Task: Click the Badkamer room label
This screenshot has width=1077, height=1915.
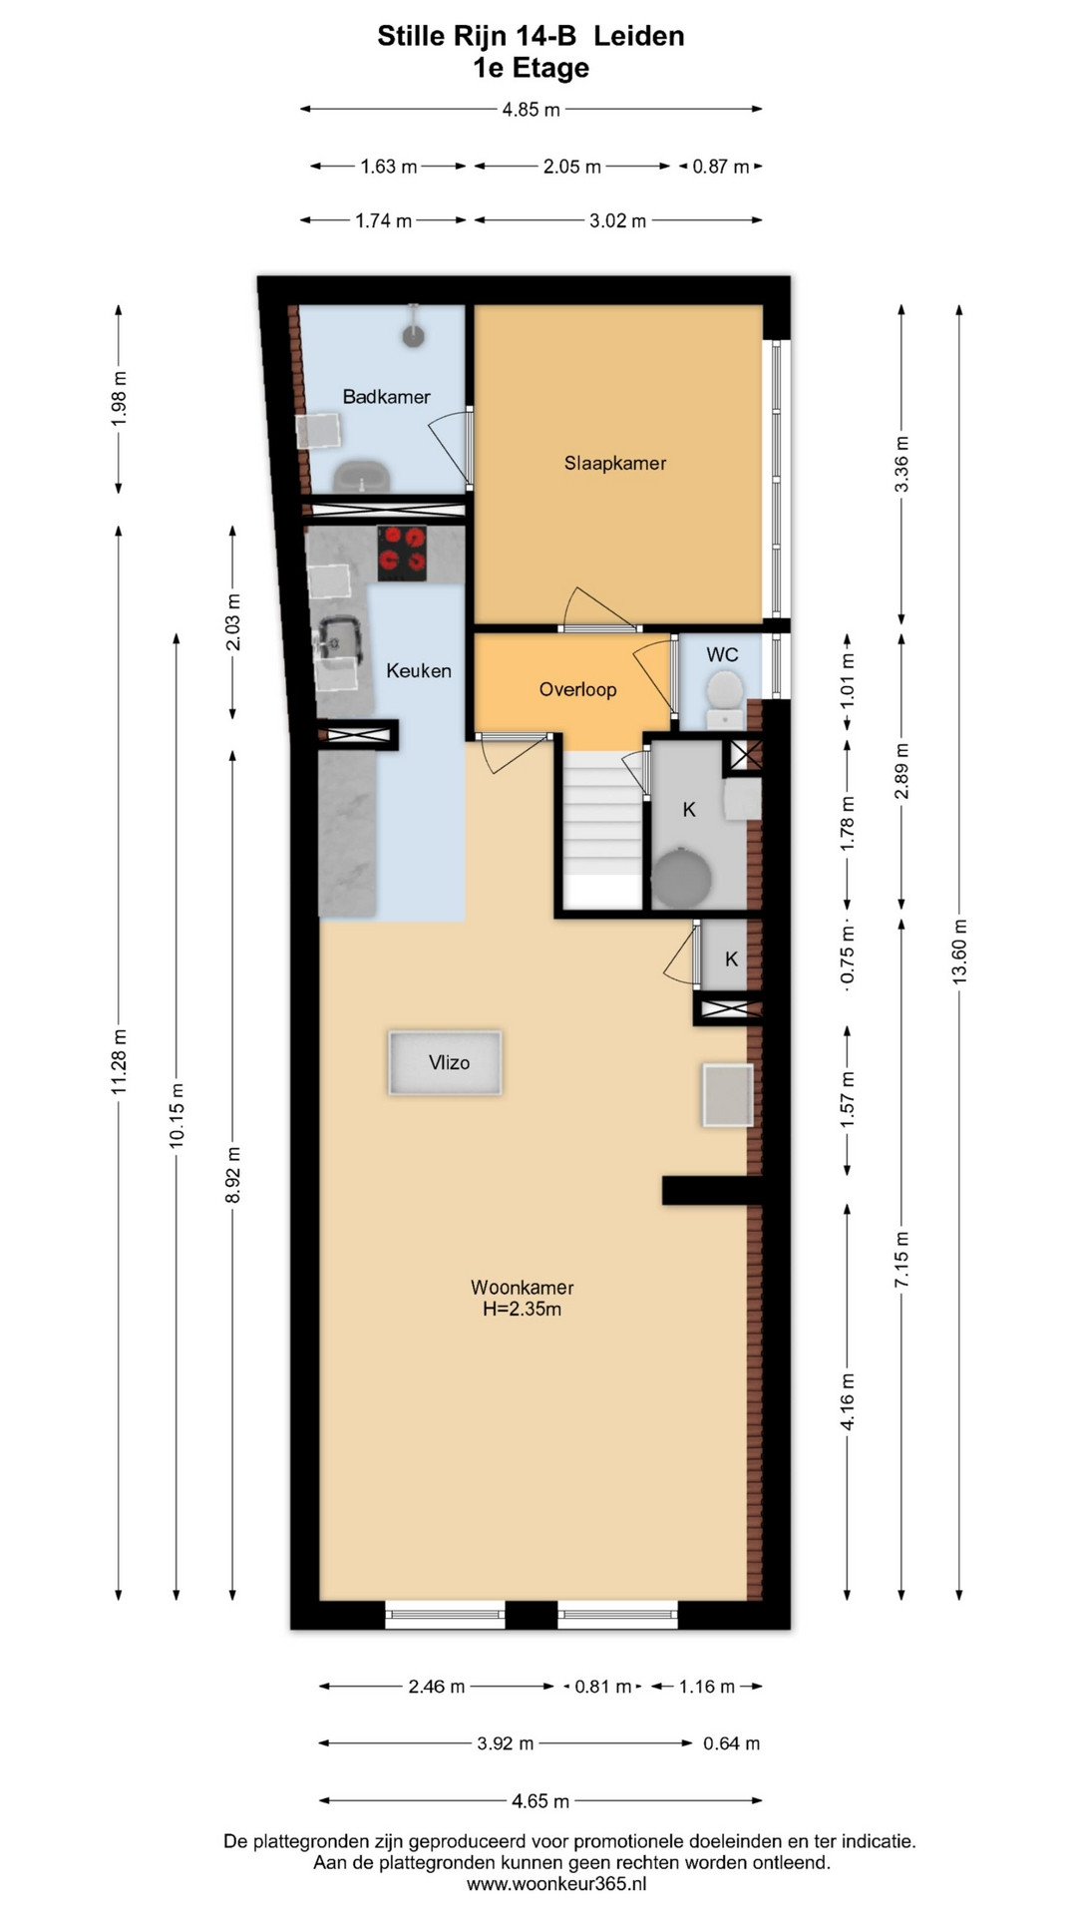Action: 386,397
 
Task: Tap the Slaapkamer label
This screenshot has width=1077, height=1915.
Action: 615,463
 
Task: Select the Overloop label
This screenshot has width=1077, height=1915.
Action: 577,689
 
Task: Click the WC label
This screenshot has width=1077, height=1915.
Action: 722,654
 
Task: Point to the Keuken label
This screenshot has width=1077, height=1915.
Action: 419,671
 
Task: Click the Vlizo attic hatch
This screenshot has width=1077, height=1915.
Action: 446,1062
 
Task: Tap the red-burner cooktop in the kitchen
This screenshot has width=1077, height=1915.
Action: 402,554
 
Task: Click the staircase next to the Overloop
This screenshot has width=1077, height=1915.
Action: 603,830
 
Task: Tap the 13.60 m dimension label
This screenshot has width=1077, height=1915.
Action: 959,952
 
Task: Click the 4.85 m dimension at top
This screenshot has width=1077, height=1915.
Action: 531,109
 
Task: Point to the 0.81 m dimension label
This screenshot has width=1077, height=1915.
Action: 603,1687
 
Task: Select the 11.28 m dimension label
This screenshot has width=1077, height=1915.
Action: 119,1061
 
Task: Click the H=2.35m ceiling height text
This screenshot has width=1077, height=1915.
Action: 522,1310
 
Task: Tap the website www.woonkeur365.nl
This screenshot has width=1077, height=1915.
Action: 556,1884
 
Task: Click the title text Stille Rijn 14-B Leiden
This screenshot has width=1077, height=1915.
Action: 531,36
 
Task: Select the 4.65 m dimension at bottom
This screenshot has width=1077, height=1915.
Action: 540,1800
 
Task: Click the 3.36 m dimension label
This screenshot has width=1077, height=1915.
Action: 901,465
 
